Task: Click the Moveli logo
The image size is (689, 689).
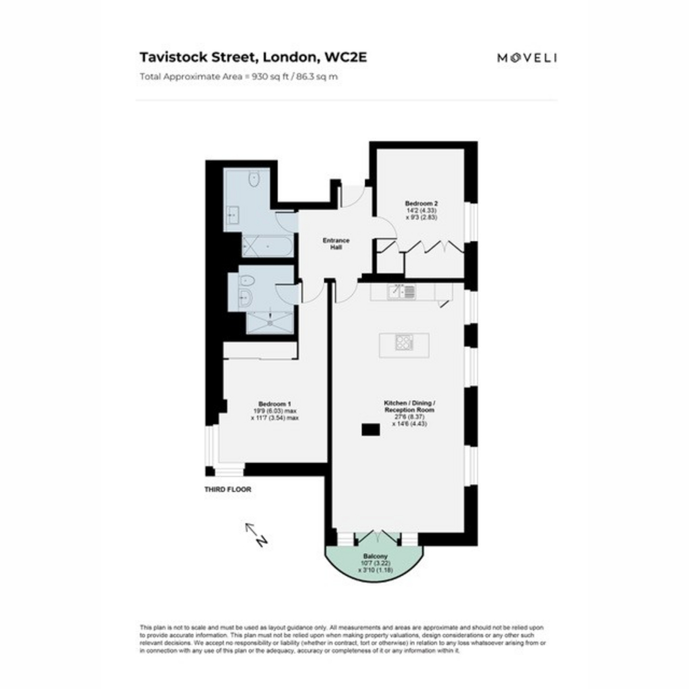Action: [527, 57]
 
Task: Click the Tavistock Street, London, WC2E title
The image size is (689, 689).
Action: [253, 57]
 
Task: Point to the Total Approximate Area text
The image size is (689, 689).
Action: [239, 76]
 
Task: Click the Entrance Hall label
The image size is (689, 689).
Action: [335, 243]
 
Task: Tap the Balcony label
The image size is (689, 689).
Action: [376, 556]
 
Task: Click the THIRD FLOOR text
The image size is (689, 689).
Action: [228, 490]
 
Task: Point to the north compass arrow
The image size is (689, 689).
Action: [254, 534]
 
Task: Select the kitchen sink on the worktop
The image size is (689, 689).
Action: [401, 292]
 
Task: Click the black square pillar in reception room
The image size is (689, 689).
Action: [370, 430]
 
